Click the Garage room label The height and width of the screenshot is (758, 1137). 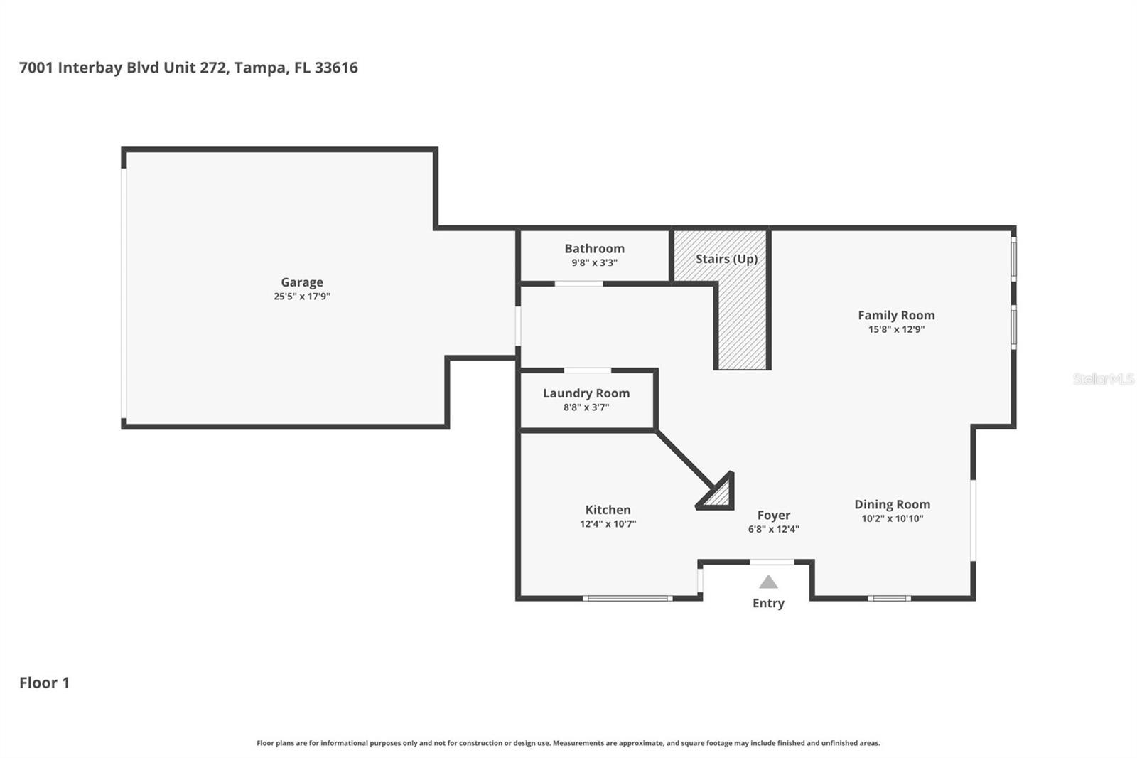point(301,282)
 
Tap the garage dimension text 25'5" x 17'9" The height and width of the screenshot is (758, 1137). point(301,297)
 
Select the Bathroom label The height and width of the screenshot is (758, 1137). point(594,248)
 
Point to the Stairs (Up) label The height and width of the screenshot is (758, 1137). point(726,259)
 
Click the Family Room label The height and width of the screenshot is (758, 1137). point(895,315)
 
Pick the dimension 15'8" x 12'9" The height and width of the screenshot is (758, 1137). point(895,329)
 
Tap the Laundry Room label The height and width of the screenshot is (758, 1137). point(586,393)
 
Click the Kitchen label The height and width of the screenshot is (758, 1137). point(608,510)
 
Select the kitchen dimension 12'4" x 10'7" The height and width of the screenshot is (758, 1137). point(608,524)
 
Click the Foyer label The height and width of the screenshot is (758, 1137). point(773,516)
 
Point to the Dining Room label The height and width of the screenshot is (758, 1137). point(892,504)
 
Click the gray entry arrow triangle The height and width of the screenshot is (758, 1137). point(768,582)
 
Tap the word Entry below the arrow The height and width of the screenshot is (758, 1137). point(768,603)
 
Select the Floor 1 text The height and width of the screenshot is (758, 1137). point(44,683)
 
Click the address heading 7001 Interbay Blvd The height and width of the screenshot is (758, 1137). point(188,68)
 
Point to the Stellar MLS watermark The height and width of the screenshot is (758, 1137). point(1103,379)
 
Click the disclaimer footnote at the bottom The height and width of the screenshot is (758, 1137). point(568,743)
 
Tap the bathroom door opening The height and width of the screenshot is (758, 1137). point(578,284)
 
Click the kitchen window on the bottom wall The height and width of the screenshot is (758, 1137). point(627,598)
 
